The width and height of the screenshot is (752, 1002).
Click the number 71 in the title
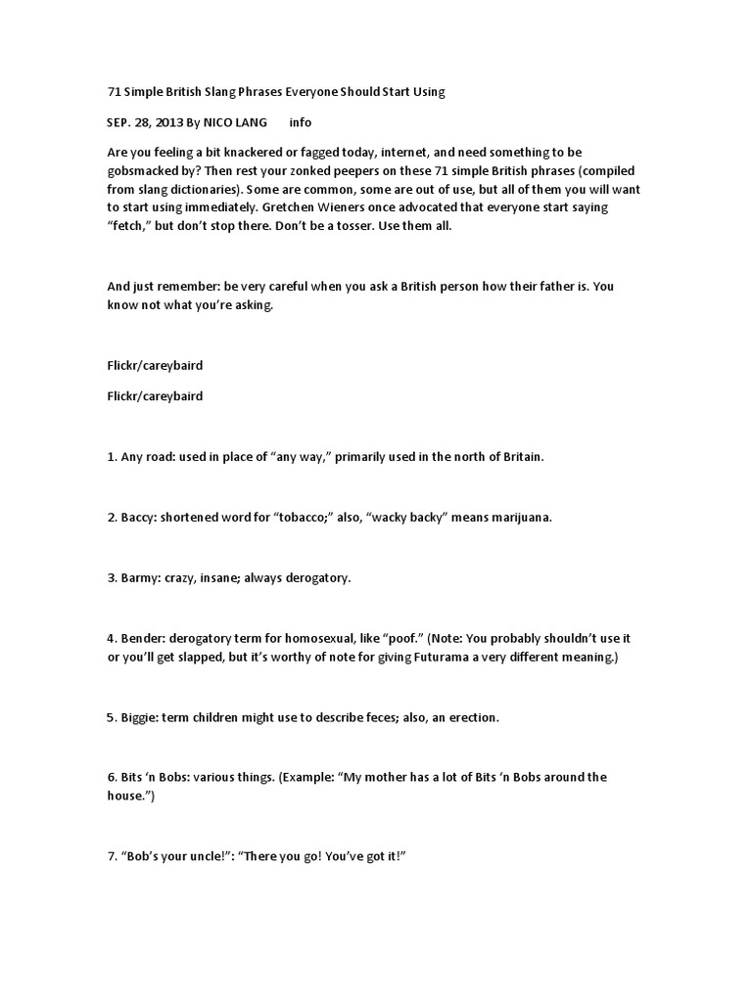click(x=114, y=92)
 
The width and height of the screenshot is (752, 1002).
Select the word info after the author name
click(x=301, y=122)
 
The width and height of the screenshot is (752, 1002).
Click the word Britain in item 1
click(x=519, y=457)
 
